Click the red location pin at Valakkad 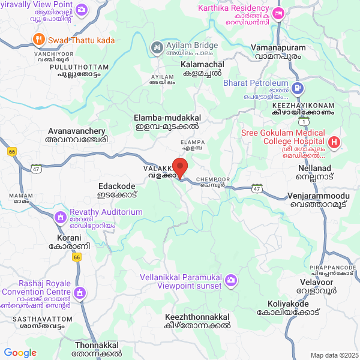180,166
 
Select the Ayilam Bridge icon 156,46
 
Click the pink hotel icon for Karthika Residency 278,13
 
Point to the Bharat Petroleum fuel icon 298,89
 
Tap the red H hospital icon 334,143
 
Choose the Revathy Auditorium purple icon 61,217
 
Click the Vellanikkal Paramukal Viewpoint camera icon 232,280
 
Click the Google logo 20,353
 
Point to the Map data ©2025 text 333,355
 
